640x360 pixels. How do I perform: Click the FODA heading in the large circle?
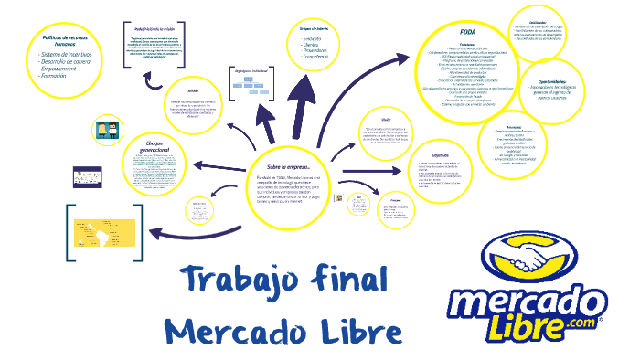pyautogui.click(x=466, y=34)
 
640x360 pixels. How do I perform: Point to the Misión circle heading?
pyautogui.click(x=193, y=91)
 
